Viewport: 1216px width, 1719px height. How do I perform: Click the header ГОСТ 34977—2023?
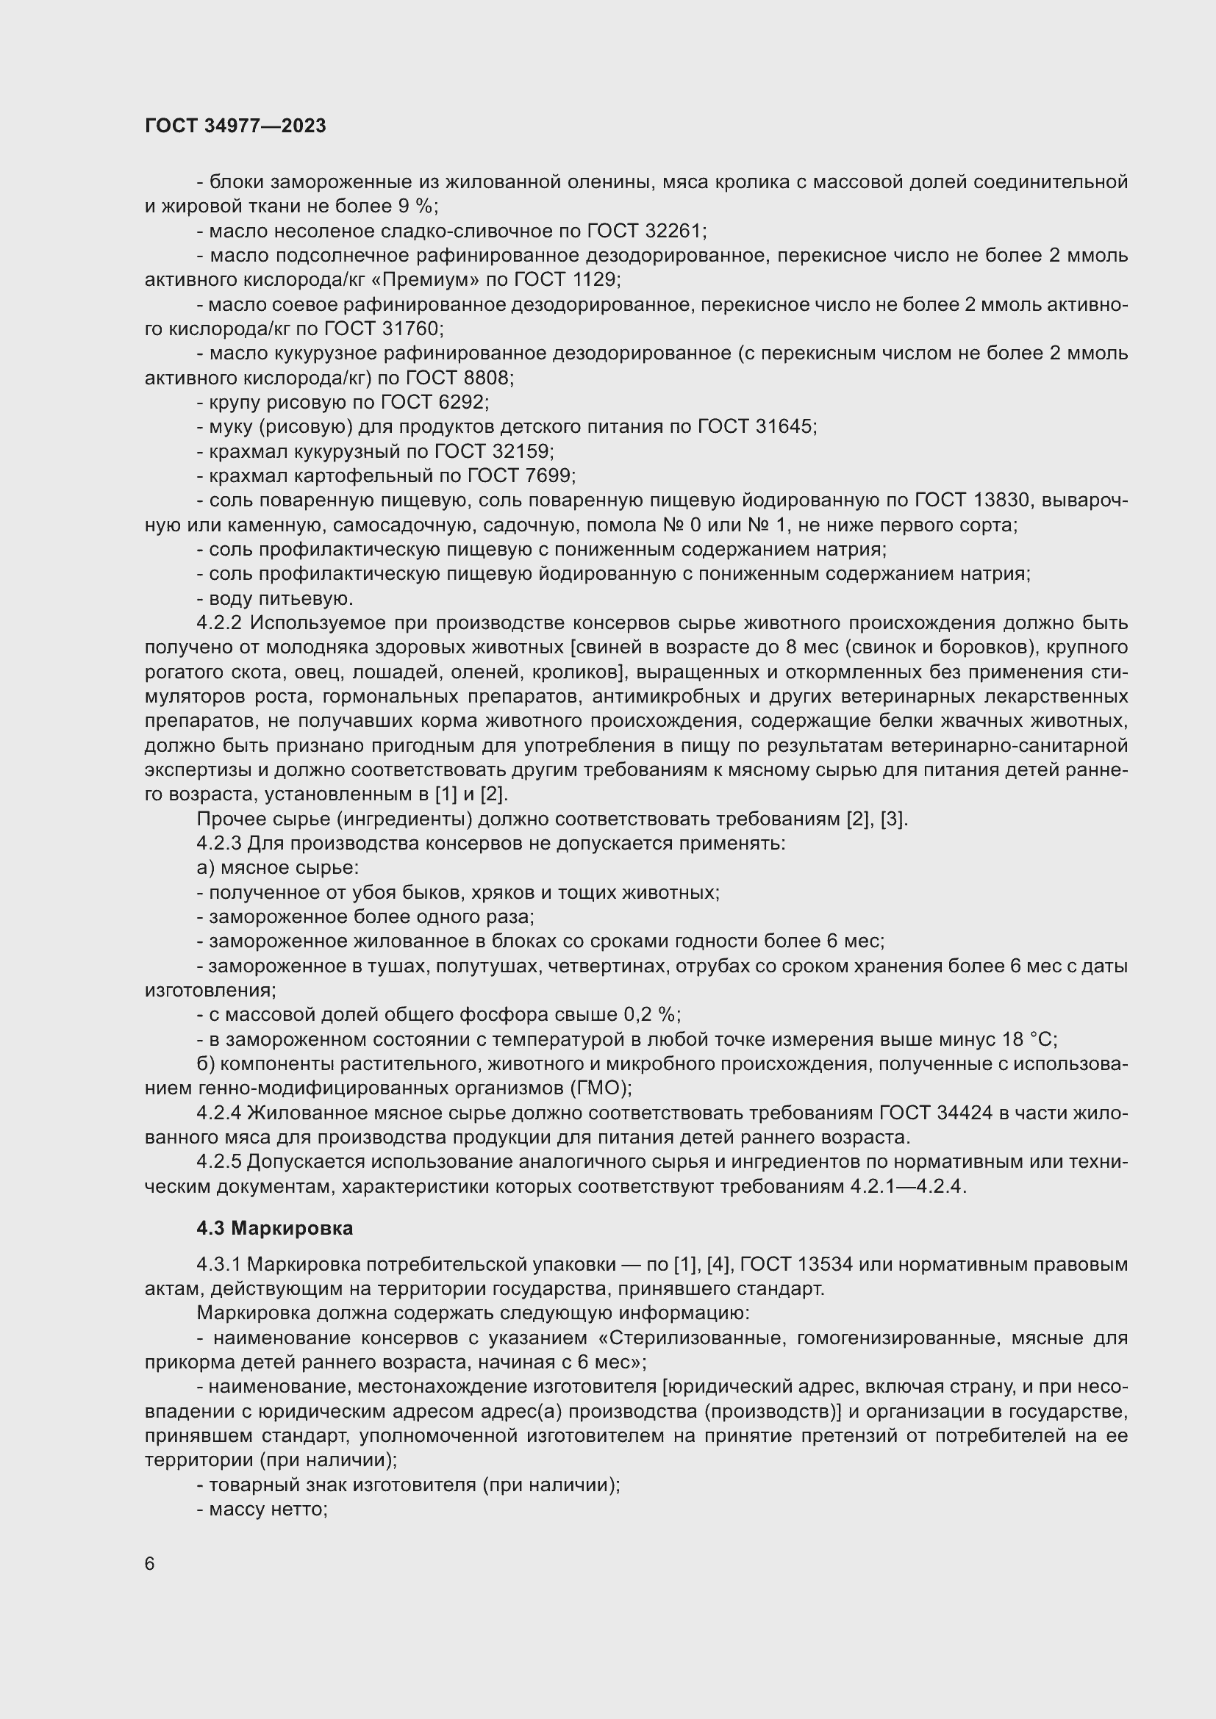pyautogui.click(x=235, y=126)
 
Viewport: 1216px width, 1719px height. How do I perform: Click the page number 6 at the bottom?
pyautogui.click(x=150, y=1564)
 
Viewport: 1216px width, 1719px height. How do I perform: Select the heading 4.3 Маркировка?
pyautogui.click(x=275, y=1228)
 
